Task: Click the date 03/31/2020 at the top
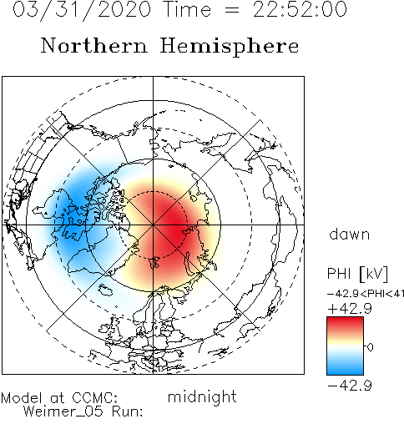click(82, 10)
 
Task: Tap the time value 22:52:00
click(300, 9)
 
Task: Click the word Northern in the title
click(94, 46)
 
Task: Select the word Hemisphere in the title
click(230, 47)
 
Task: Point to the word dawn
click(350, 234)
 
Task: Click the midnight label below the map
click(202, 397)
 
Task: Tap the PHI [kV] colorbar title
click(357, 274)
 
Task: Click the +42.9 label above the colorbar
click(350, 309)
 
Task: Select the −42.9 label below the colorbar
click(350, 386)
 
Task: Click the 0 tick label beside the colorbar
click(371, 347)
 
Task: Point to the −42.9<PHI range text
click(360, 294)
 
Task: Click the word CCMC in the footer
click(94, 398)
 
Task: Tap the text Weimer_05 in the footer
click(63, 411)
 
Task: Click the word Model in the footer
click(22, 398)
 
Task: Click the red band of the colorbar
click(345, 326)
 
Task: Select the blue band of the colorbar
click(345, 366)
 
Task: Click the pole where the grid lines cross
click(153, 225)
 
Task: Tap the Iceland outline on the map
click(105, 290)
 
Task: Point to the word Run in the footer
click(128, 411)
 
